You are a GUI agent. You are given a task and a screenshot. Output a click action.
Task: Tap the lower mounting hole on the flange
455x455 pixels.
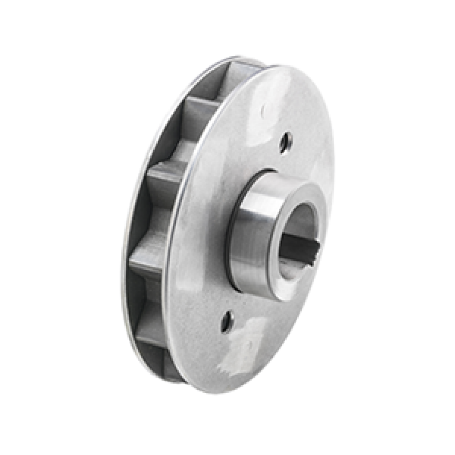point(227,321)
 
